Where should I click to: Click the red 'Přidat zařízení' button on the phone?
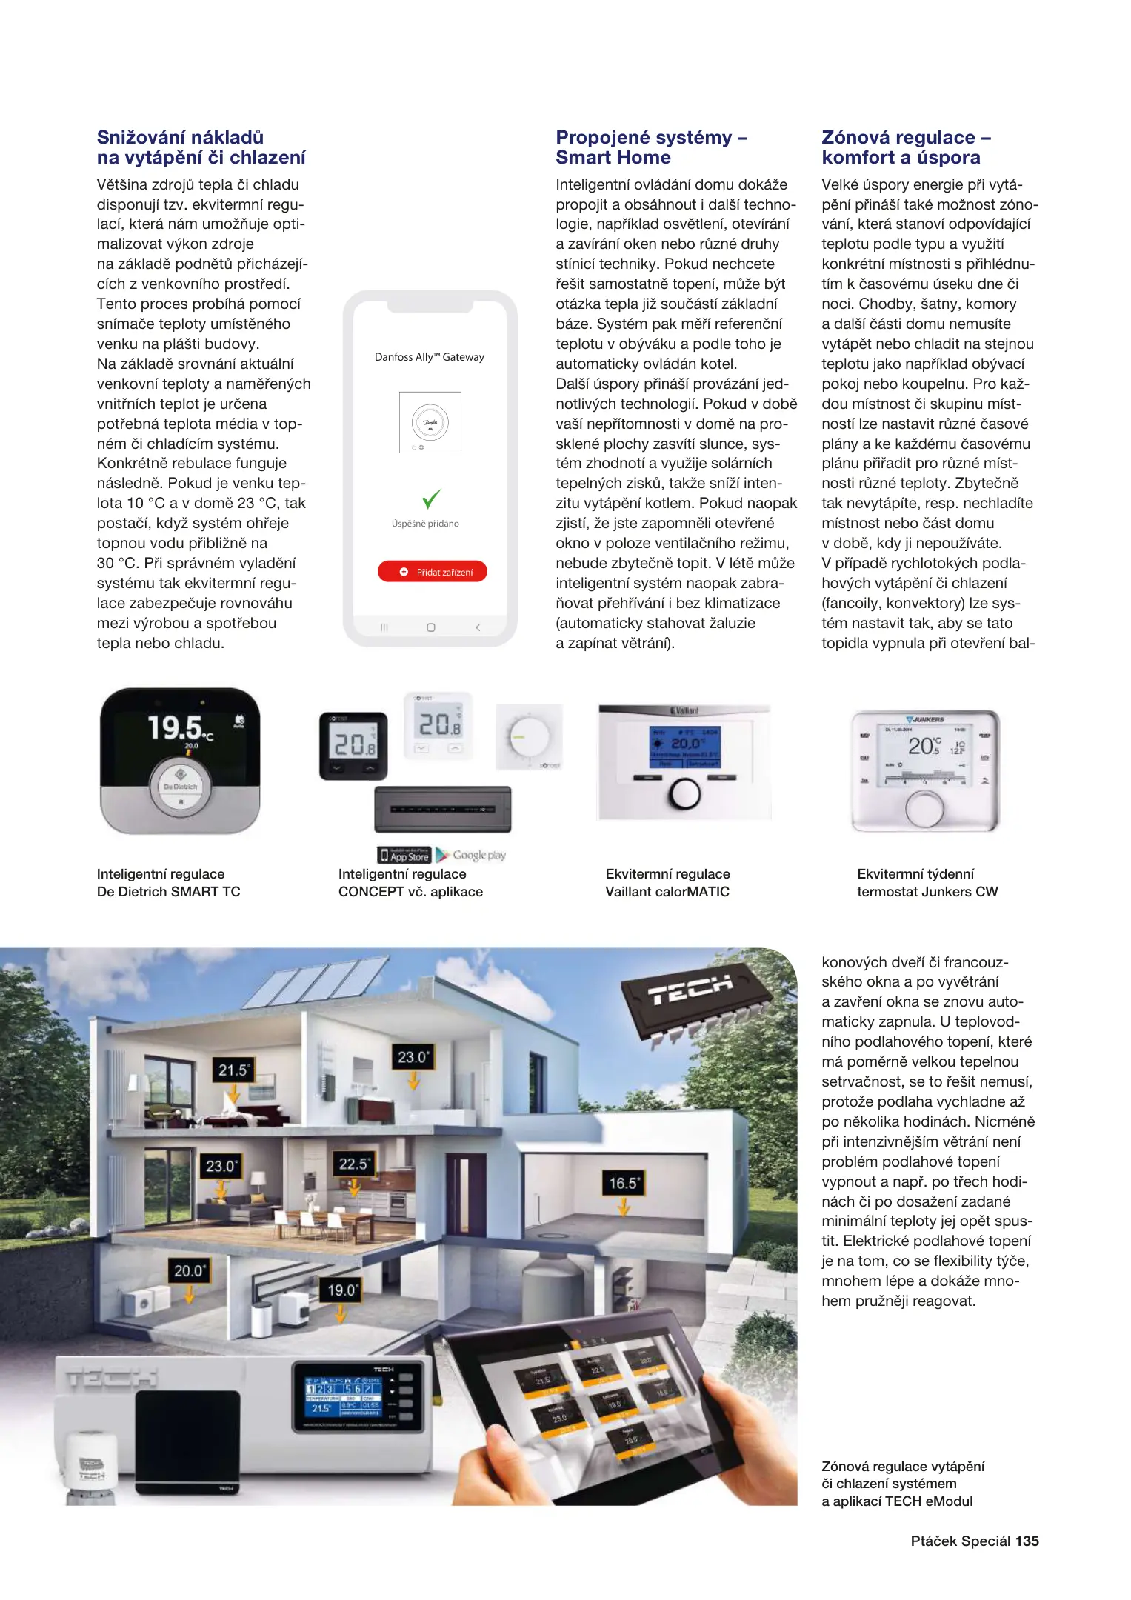[433, 572]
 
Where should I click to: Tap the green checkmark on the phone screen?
[431, 498]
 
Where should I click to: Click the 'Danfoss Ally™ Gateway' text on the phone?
[430, 357]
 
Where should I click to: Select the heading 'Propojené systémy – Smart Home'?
[652, 147]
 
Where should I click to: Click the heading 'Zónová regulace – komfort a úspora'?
[906, 147]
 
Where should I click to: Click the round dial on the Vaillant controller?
[684, 794]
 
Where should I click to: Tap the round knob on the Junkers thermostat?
[924, 809]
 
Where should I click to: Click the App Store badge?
[404, 856]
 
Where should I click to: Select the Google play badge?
[470, 856]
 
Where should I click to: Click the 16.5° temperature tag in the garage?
[623, 1183]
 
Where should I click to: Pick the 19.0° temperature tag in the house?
[342, 1290]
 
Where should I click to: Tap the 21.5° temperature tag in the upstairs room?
[233, 1070]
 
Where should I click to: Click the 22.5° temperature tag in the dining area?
[354, 1164]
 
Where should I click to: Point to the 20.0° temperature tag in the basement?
[189, 1270]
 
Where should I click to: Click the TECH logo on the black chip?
[690, 990]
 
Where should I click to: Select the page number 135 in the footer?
[1027, 1541]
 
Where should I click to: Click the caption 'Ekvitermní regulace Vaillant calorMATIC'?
[667, 883]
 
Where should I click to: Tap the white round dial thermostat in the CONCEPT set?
[530, 737]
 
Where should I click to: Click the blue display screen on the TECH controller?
[343, 1395]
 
